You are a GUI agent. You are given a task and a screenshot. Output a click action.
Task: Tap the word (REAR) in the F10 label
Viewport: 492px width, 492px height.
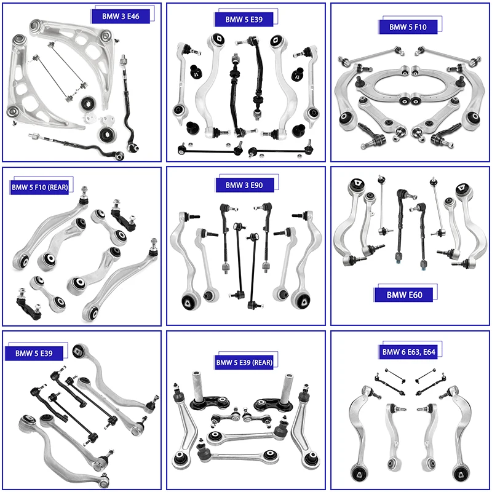point(60,186)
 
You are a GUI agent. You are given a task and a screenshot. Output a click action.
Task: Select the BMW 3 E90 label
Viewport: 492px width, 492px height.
point(244,185)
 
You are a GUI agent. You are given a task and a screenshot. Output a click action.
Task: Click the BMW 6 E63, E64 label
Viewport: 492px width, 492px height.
point(409,352)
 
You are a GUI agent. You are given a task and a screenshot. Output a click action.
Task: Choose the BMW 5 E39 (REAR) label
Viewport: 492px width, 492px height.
point(244,362)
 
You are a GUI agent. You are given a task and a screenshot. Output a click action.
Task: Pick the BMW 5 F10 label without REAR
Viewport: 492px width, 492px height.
point(407,27)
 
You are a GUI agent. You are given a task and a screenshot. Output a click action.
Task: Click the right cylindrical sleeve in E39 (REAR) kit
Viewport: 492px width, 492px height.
point(288,387)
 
